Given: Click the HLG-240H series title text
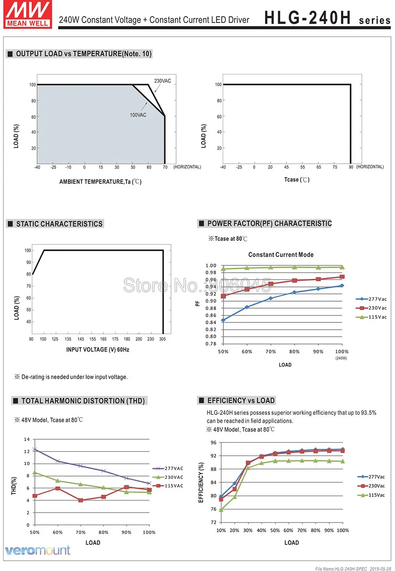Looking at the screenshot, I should pyautogui.click(x=327, y=18).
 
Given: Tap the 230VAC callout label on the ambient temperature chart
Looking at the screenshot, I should pyautogui.click(x=162, y=81).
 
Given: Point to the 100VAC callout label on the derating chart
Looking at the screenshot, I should pyautogui.click(x=138, y=115).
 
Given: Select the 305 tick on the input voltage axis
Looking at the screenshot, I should pyautogui.click(x=162, y=339).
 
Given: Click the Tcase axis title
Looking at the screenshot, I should pyautogui.click(x=297, y=180).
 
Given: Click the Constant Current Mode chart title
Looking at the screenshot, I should pyautogui.click(x=281, y=255).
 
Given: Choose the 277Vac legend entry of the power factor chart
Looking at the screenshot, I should pyautogui.click(x=371, y=299).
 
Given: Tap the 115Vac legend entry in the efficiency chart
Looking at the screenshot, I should pyautogui.click(x=371, y=495).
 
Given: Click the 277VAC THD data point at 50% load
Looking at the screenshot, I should pyautogui.click(x=35, y=449).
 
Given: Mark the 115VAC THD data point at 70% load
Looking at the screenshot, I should pyautogui.click(x=81, y=500).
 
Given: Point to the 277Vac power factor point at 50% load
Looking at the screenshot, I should pyautogui.click(x=223, y=320).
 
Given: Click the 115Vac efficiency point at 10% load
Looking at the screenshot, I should pyautogui.click(x=221, y=510).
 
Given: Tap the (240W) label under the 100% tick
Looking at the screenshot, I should pyautogui.click(x=341, y=358).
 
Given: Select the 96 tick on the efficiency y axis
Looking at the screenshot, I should pyautogui.click(x=213, y=443).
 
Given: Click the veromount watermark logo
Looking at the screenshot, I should pyautogui.click(x=38, y=550).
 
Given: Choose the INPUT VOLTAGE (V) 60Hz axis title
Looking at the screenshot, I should pyautogui.click(x=98, y=350).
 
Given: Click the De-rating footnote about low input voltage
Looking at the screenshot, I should pyautogui.click(x=71, y=377).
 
